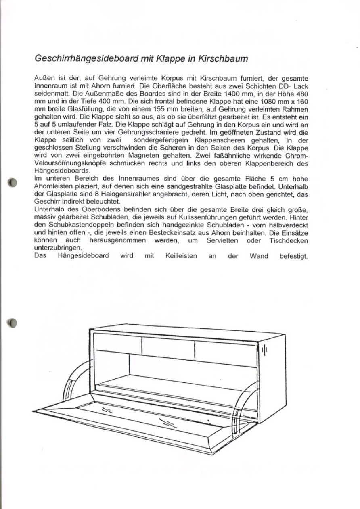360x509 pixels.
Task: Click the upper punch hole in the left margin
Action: tap(12, 182)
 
